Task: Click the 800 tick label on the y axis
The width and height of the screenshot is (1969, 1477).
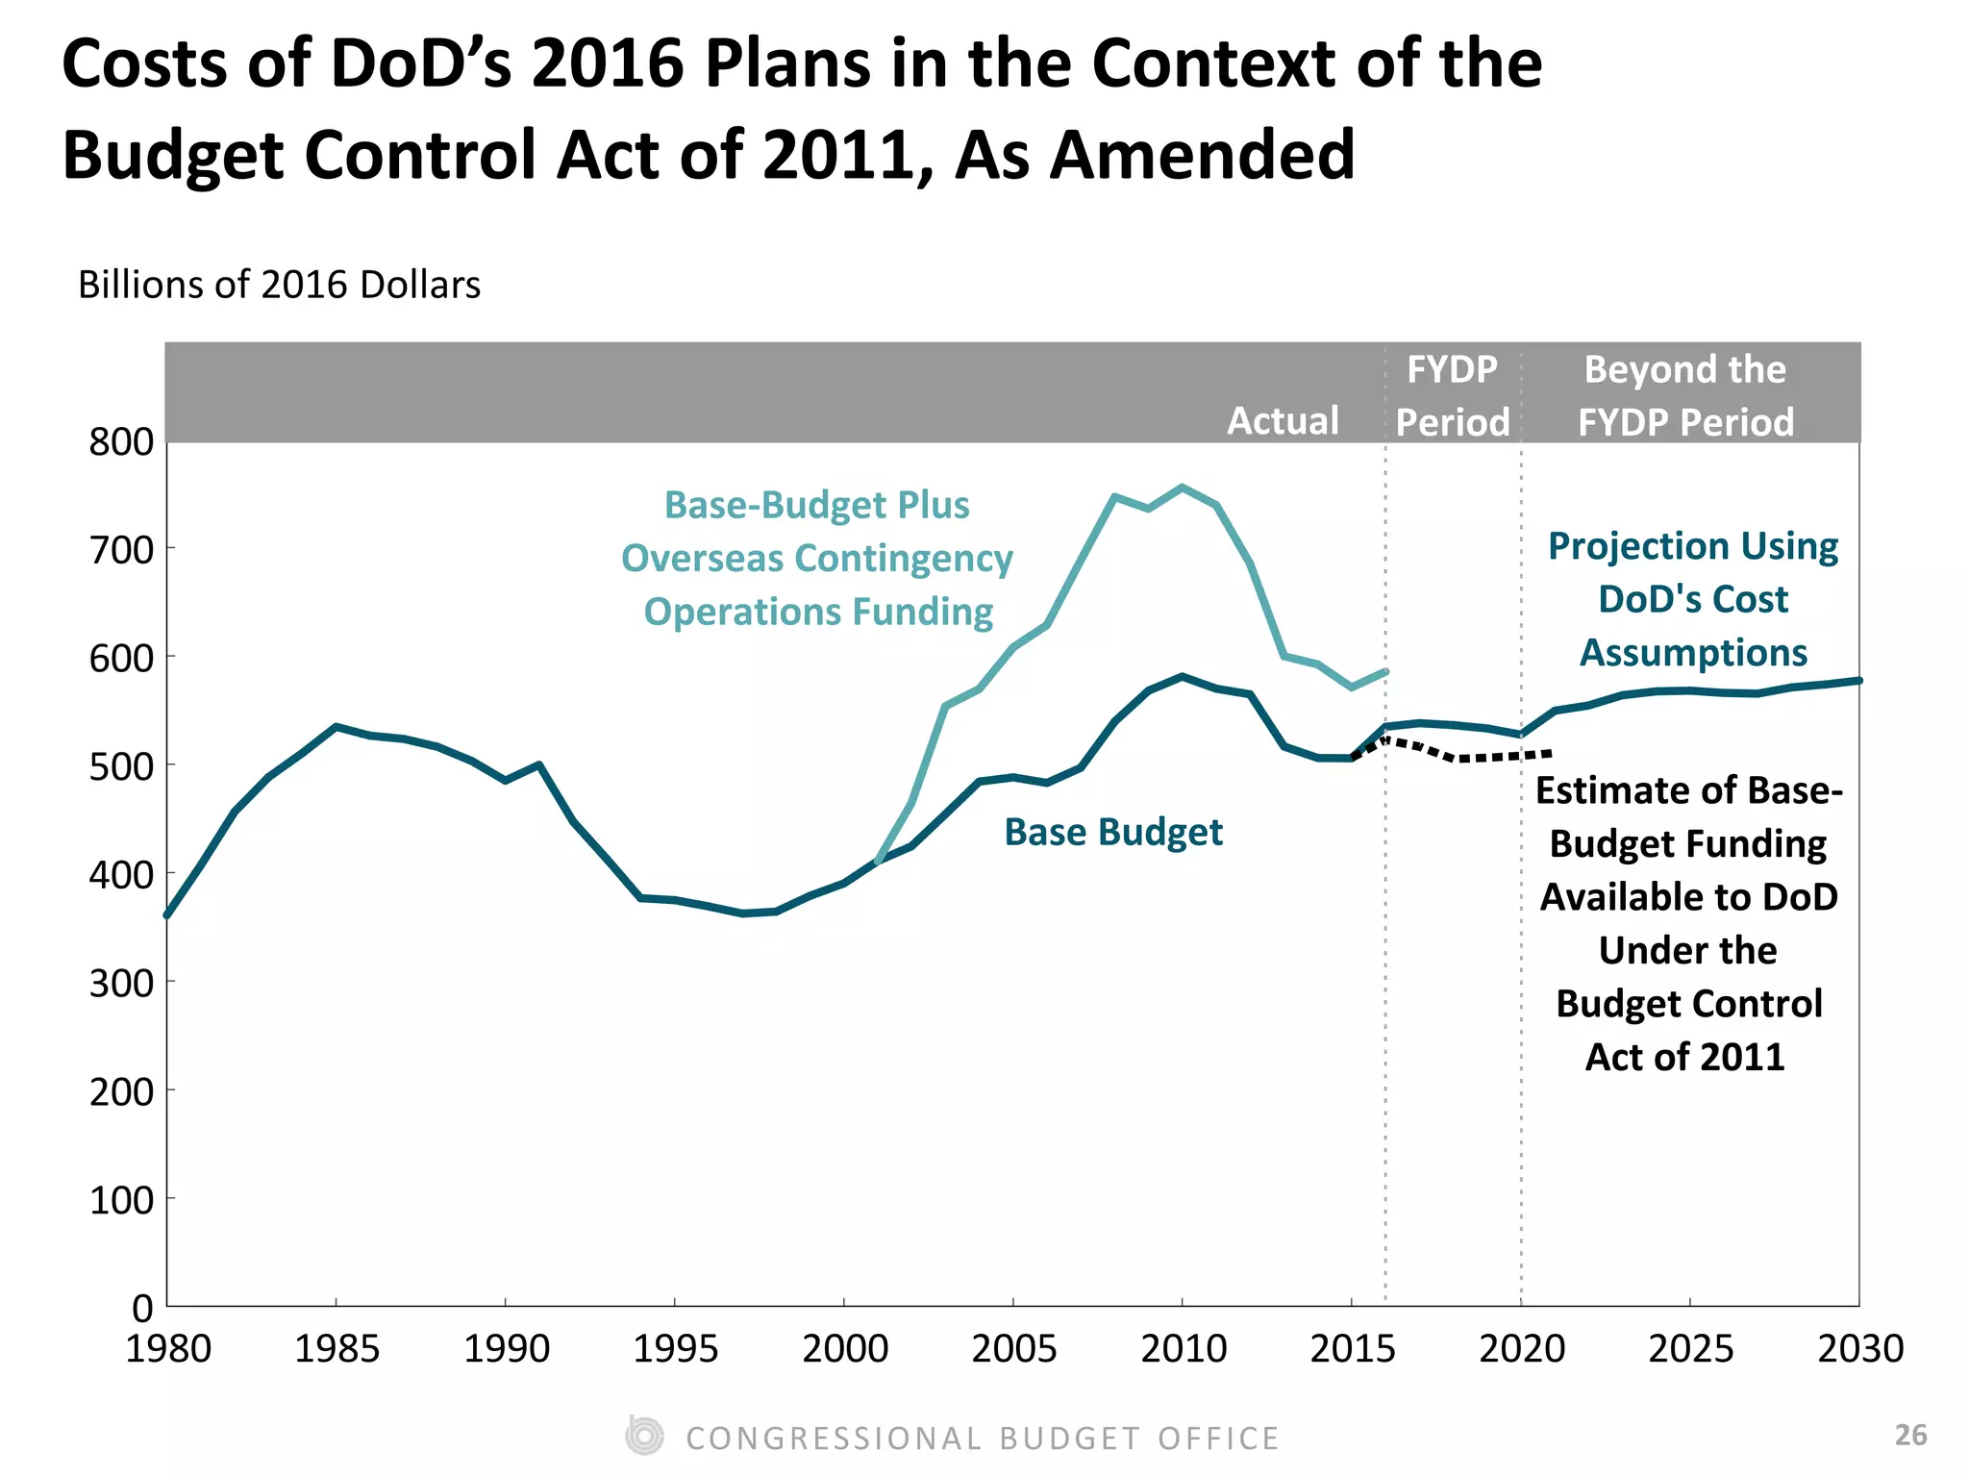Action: pos(121,442)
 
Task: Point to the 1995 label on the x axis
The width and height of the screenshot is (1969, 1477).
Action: pos(675,1349)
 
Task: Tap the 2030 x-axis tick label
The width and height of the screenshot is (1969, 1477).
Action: pos(1859,1349)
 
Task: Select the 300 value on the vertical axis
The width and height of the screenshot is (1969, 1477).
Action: pos(121,984)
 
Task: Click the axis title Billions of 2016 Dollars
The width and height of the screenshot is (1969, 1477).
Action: pos(279,286)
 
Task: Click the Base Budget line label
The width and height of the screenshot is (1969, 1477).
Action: pos(1113,833)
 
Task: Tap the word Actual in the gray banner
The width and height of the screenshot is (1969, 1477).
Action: pos(1283,421)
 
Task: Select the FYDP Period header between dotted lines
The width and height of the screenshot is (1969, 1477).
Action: pos(1452,396)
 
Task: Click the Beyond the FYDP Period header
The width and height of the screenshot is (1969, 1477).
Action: pos(1685,396)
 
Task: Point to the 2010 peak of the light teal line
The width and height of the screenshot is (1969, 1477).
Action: pos(1182,488)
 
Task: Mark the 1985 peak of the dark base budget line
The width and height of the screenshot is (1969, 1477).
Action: pos(336,727)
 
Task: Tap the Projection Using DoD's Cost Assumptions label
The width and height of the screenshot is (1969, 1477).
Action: pos(1693,599)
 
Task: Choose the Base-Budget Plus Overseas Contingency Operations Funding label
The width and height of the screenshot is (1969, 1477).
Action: pos(817,559)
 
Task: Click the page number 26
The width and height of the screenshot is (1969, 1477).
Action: pos(1910,1435)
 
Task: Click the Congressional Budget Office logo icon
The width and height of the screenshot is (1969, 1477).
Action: pos(644,1436)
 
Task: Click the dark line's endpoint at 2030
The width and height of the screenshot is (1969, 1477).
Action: pos(1858,681)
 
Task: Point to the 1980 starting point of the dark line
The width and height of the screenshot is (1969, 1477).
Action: pos(167,914)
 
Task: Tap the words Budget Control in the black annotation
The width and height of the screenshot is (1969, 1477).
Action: pos(1688,1004)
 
